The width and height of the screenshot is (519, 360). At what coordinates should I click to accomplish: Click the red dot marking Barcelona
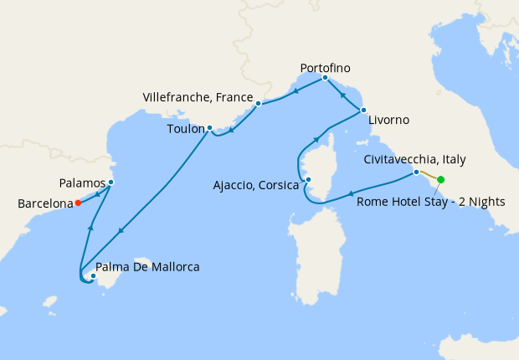[x=78, y=202]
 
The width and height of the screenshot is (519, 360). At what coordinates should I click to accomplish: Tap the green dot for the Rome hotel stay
[x=440, y=179]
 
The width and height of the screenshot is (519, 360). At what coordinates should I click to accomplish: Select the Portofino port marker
[x=325, y=78]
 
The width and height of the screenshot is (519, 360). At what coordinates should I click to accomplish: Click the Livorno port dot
[x=362, y=111]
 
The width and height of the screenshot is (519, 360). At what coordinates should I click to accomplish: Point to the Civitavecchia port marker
[x=416, y=172]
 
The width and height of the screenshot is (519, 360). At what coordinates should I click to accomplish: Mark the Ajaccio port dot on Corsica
[x=308, y=179]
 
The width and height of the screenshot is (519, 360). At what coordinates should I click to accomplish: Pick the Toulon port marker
[x=209, y=128]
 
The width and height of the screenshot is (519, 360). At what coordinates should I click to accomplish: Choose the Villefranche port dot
[x=259, y=103]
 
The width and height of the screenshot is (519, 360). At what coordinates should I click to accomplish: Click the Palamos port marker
[x=110, y=183]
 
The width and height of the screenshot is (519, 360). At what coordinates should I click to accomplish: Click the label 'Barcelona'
[x=44, y=203]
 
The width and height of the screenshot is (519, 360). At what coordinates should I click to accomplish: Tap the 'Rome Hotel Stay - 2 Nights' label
[x=431, y=201]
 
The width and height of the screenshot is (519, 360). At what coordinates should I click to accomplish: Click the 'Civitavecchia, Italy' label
[x=415, y=158]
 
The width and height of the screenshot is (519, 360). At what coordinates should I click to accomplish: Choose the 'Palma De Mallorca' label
[x=148, y=268]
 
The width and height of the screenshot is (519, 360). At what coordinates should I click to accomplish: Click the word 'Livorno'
[x=388, y=120]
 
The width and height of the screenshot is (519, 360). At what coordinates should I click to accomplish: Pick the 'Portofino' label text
[x=325, y=66]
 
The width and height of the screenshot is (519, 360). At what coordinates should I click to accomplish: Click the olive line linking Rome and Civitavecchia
[x=428, y=176]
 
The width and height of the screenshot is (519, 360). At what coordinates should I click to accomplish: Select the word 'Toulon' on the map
[x=186, y=130]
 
